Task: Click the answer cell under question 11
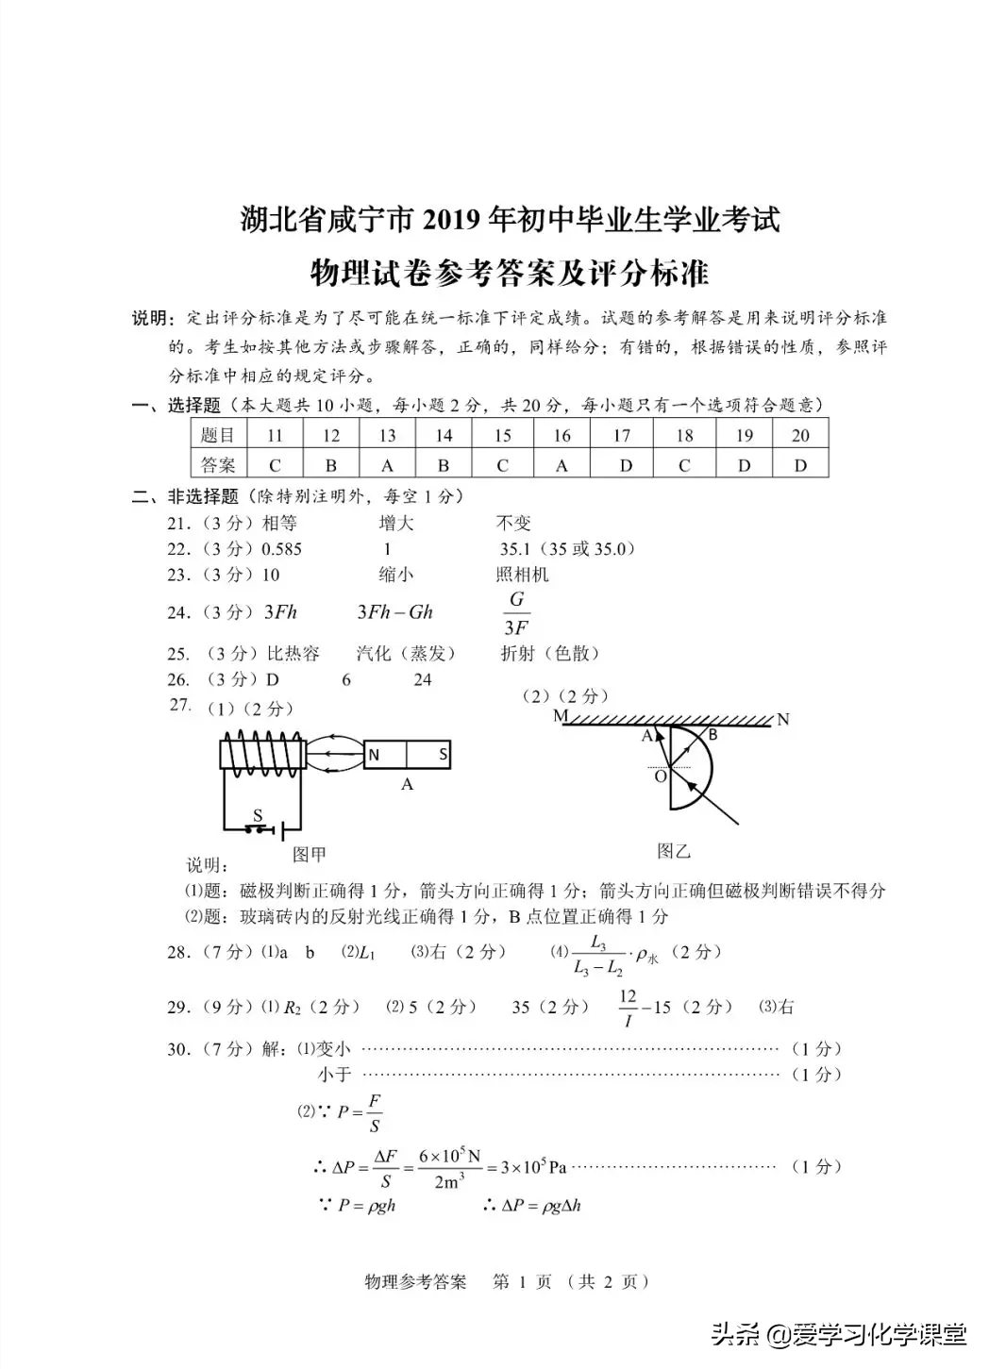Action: tap(275, 465)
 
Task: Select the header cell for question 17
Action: tap(621, 435)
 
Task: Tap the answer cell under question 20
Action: tap(800, 465)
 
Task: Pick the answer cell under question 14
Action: tap(444, 465)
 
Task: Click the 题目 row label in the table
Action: tap(218, 435)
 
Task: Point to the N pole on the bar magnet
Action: tap(374, 755)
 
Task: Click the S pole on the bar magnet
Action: tap(442, 755)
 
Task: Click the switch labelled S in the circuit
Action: tap(257, 825)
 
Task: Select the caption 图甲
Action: tap(309, 854)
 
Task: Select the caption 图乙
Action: tap(673, 851)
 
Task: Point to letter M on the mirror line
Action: tap(560, 716)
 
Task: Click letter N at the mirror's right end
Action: tap(782, 720)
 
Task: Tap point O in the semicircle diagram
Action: tap(661, 776)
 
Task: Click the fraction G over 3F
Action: tap(516, 613)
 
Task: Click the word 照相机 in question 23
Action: tap(522, 575)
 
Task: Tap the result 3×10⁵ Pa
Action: tap(533, 1167)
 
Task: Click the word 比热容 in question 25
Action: tap(293, 653)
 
